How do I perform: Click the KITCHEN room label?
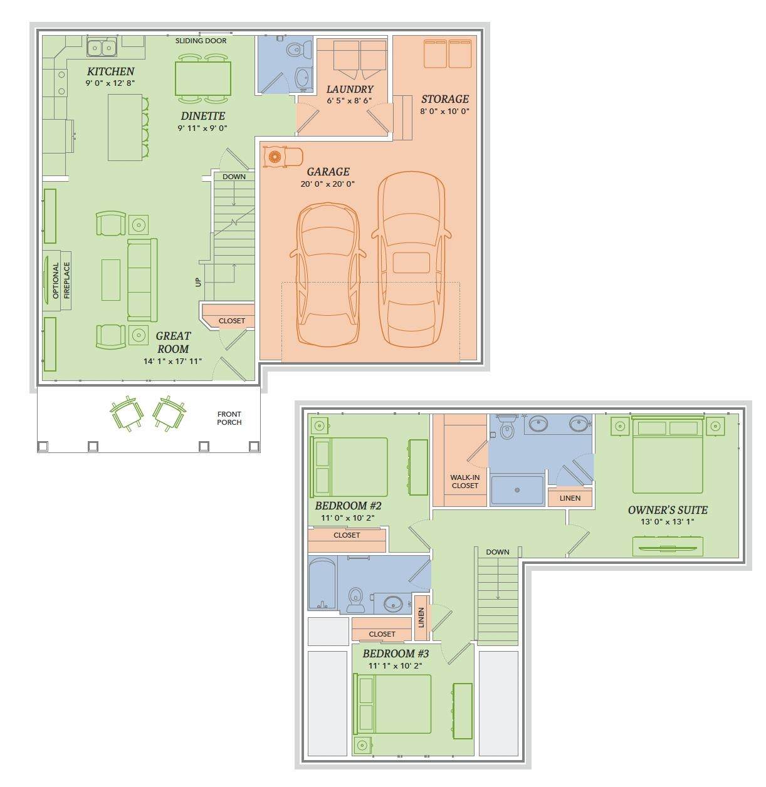click(x=110, y=71)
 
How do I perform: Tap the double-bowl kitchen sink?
click(x=102, y=48)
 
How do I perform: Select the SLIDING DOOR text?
click(x=201, y=41)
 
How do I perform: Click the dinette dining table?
click(x=202, y=78)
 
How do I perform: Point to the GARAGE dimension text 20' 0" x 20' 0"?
click(x=327, y=184)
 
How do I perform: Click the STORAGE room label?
click(x=444, y=99)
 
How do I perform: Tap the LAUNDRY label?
click(x=350, y=90)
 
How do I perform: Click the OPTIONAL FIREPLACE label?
click(x=61, y=281)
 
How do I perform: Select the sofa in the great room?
click(x=142, y=280)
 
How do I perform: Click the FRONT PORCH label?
click(x=229, y=418)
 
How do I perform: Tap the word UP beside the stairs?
click(x=198, y=282)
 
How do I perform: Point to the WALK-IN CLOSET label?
click(x=465, y=482)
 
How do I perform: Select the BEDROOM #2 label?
click(x=348, y=506)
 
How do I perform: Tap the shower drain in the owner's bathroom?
click(x=517, y=490)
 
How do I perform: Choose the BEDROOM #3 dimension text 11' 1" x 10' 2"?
click(x=396, y=665)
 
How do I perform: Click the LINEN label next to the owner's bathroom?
click(x=570, y=498)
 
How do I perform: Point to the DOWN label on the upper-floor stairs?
click(x=497, y=552)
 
